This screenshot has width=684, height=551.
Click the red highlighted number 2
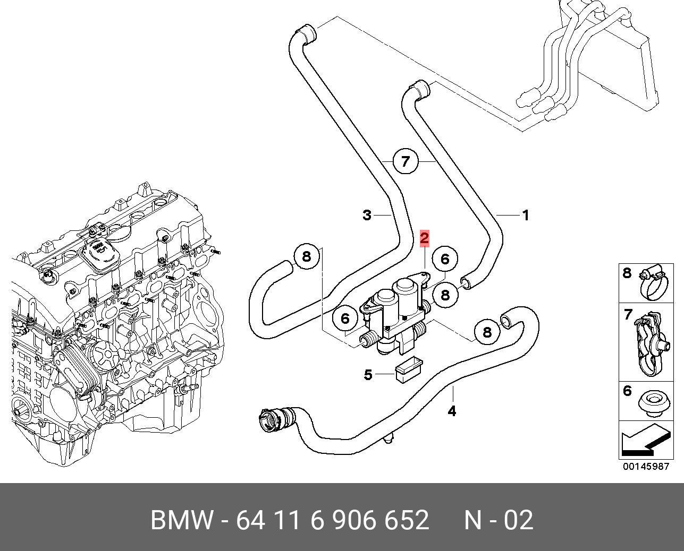point(424,238)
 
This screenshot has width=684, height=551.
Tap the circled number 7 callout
point(406,161)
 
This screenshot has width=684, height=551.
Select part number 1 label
point(526,216)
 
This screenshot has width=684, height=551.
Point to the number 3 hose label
point(367,215)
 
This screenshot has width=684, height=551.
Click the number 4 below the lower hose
point(452,410)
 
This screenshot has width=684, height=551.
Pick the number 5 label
point(368,375)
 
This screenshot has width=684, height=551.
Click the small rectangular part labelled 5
point(409,369)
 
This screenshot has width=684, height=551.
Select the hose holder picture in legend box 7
point(652,342)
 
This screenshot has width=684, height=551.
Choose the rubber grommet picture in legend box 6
point(652,402)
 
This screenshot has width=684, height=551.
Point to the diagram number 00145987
point(646,467)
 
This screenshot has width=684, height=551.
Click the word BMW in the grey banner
point(182,520)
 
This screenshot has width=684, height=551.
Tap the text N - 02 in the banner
point(498,520)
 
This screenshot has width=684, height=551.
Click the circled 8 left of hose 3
point(306,257)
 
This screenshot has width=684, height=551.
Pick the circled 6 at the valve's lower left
point(345,318)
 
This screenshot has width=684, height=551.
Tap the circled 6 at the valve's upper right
point(445,259)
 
